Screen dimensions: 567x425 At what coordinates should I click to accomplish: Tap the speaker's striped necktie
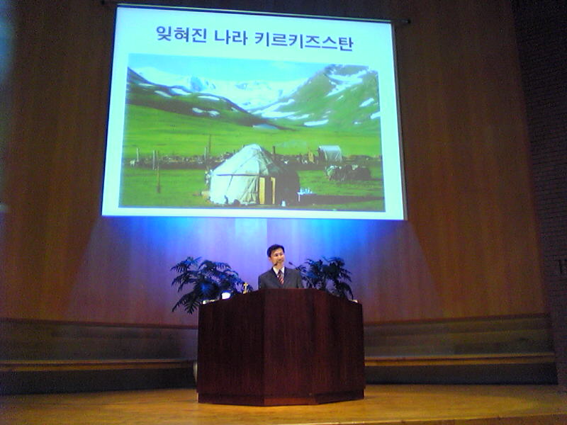(x=281, y=277)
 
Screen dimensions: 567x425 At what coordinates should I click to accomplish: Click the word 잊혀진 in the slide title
(x=181, y=34)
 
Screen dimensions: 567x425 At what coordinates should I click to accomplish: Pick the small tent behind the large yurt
(x=330, y=154)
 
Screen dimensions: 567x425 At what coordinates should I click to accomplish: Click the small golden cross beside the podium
(x=245, y=288)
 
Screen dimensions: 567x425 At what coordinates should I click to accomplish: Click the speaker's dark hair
(x=275, y=249)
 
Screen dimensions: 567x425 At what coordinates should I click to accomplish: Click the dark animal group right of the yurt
(x=349, y=173)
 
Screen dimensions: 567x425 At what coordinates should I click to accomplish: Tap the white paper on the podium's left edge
(x=226, y=295)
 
